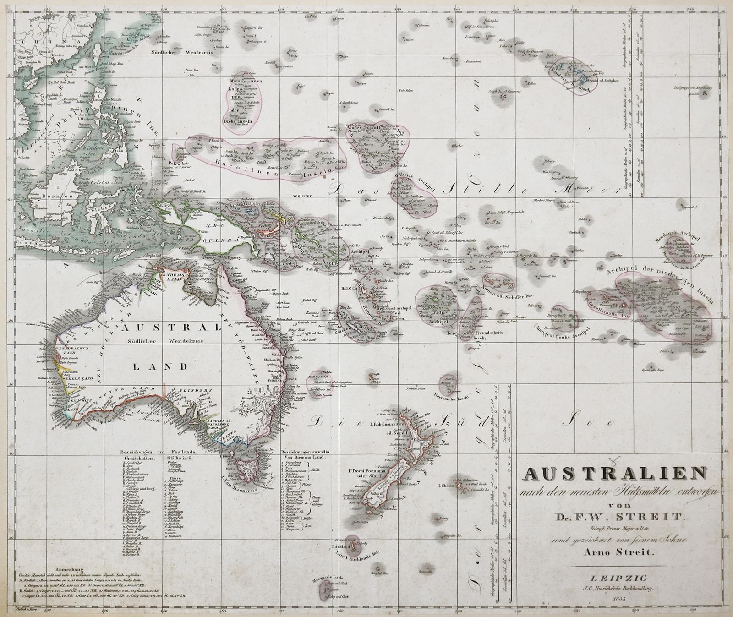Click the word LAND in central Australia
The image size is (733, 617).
pyautogui.click(x=159, y=366)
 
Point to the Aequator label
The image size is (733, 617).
pyautogui.click(x=303, y=195)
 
